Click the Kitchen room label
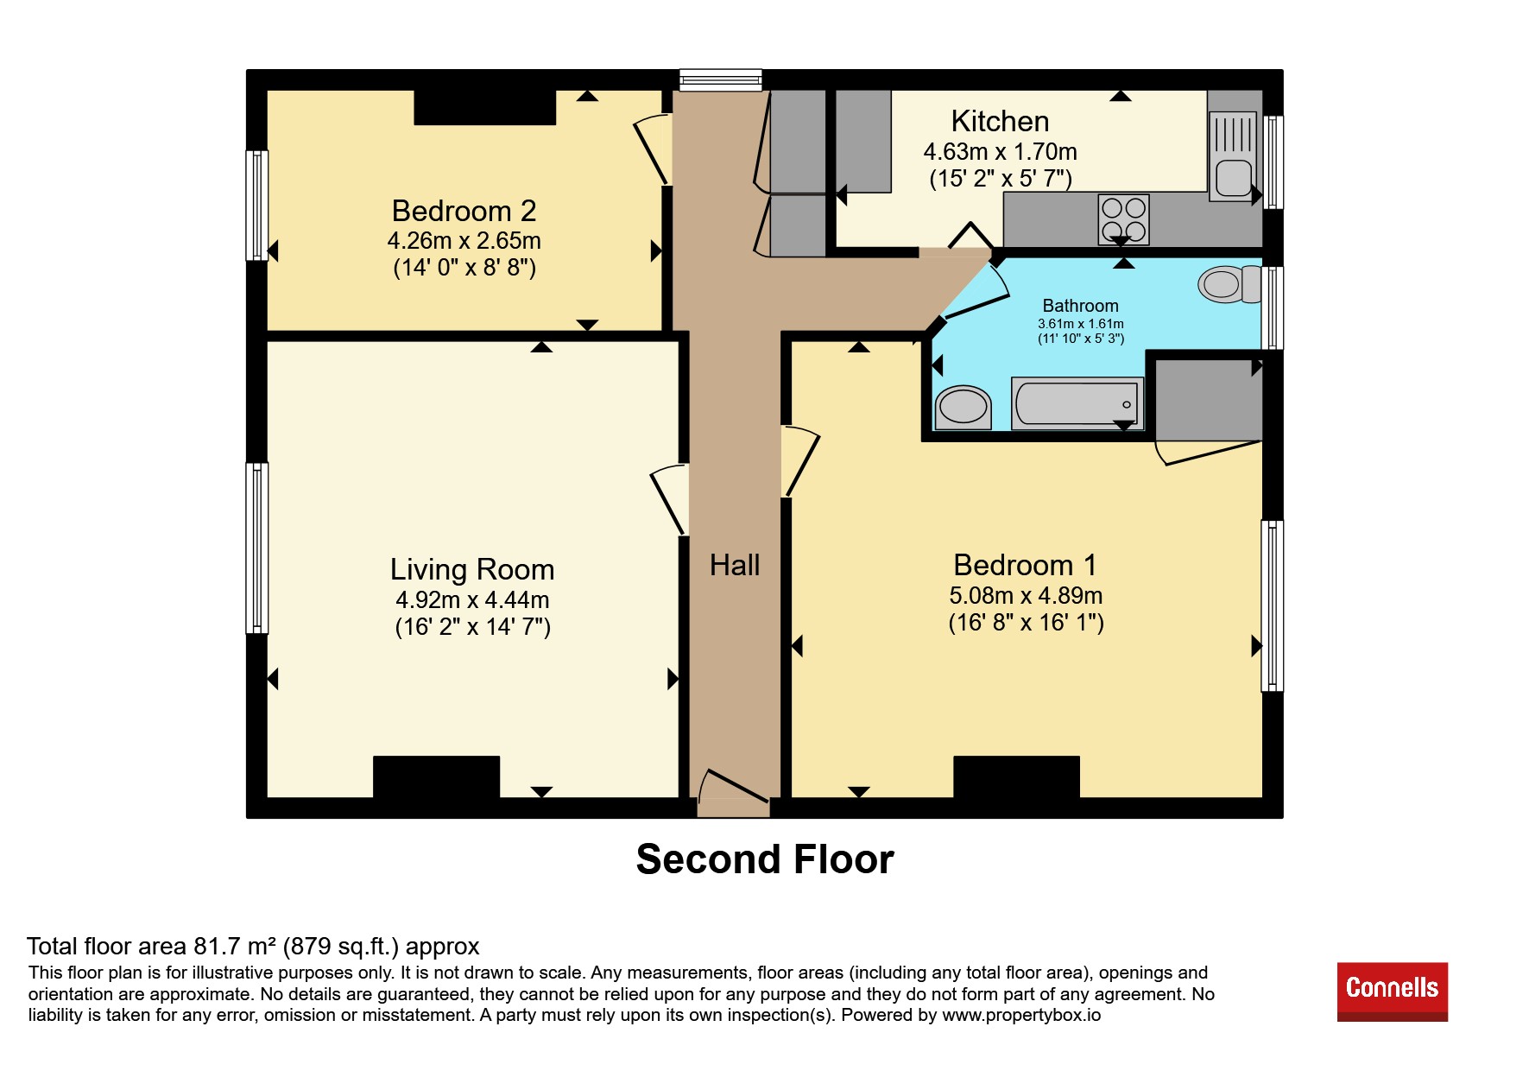1000,121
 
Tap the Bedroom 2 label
464,211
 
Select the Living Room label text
472,570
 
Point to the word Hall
735,565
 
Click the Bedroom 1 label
1025,565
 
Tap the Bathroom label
1080,306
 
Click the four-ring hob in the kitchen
1123,219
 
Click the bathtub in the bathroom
1077,403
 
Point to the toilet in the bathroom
1230,284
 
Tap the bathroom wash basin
963,407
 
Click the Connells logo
1392,991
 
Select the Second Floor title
765,859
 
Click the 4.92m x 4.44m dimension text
472,599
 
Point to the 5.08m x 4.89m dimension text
1026,595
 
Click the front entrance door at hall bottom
732,787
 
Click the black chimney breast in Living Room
436,776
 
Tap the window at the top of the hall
720,80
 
